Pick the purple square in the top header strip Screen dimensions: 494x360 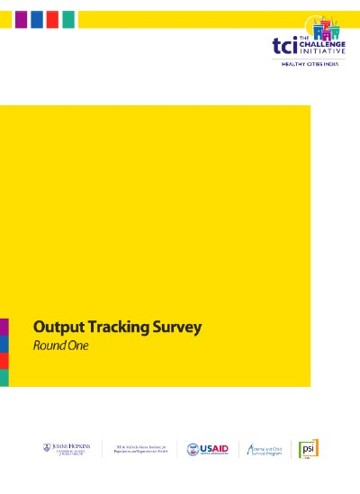coord(20,19)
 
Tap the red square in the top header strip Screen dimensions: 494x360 coord(52,19)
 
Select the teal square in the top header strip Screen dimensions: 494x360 coord(68,19)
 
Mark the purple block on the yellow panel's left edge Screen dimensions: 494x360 coord(4,326)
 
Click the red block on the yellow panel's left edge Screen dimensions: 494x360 coord(4,360)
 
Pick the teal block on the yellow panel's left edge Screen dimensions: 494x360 coord(4,378)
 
